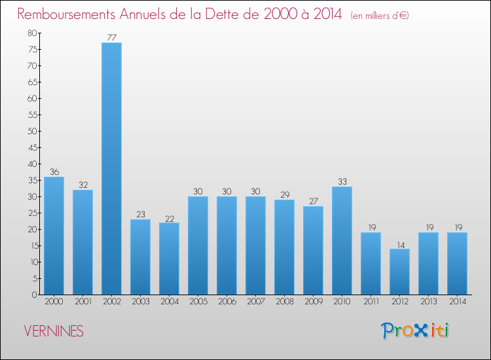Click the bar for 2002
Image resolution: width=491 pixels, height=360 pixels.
(111, 169)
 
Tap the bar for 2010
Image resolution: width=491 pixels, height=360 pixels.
(342, 241)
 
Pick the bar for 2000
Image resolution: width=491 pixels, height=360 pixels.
(54, 236)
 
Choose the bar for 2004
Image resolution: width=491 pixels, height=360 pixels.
(169, 259)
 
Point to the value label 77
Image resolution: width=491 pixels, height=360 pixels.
(111, 37)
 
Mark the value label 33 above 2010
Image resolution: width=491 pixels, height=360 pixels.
(342, 181)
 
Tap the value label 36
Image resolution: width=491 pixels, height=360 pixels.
(54, 171)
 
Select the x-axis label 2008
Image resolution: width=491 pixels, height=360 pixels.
(284, 302)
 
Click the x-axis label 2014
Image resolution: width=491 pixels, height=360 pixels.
(457, 302)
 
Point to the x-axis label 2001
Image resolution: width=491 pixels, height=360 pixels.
(82, 302)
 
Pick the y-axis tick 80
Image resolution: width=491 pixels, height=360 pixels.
(31, 33)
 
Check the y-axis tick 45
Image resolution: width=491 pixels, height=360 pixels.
(31, 148)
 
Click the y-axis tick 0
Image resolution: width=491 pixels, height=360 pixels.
(33, 295)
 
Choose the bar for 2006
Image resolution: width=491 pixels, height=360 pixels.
(227, 245)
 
